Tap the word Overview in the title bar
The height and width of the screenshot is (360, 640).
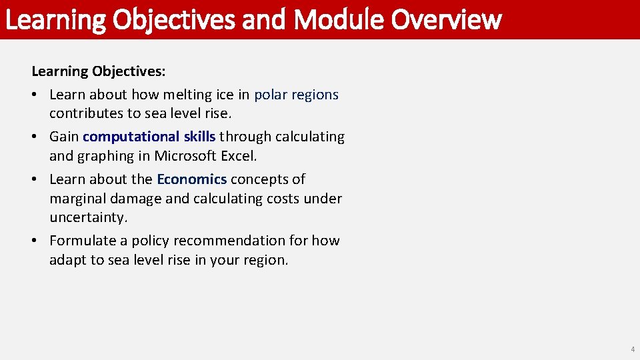tap(446, 19)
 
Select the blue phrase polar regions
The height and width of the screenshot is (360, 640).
tap(296, 95)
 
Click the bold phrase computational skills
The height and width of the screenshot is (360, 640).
tap(149, 137)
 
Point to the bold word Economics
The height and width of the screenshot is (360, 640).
tap(191, 179)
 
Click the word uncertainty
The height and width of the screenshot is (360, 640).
tap(87, 218)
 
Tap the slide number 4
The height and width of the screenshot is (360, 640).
tap(633, 349)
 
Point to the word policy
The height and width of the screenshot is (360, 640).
tap(151, 241)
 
